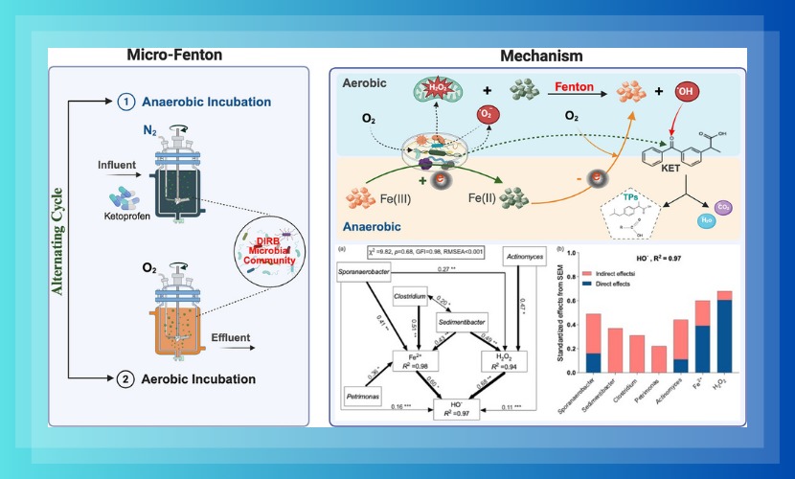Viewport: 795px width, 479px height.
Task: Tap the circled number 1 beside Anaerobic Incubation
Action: [128, 102]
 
